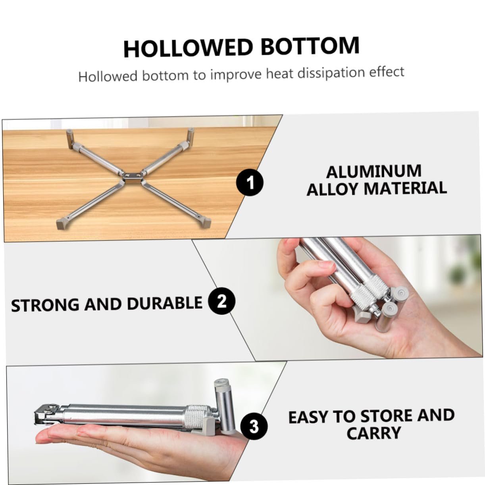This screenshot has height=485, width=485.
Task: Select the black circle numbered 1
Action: tap(250, 183)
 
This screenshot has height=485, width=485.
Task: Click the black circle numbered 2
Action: tap(222, 301)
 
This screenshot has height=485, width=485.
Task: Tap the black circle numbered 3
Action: tap(254, 426)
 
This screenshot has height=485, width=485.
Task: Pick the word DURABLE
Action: tap(165, 303)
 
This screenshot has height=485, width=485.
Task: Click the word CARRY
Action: tap(373, 433)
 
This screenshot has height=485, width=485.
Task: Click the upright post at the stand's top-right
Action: tap(191, 136)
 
